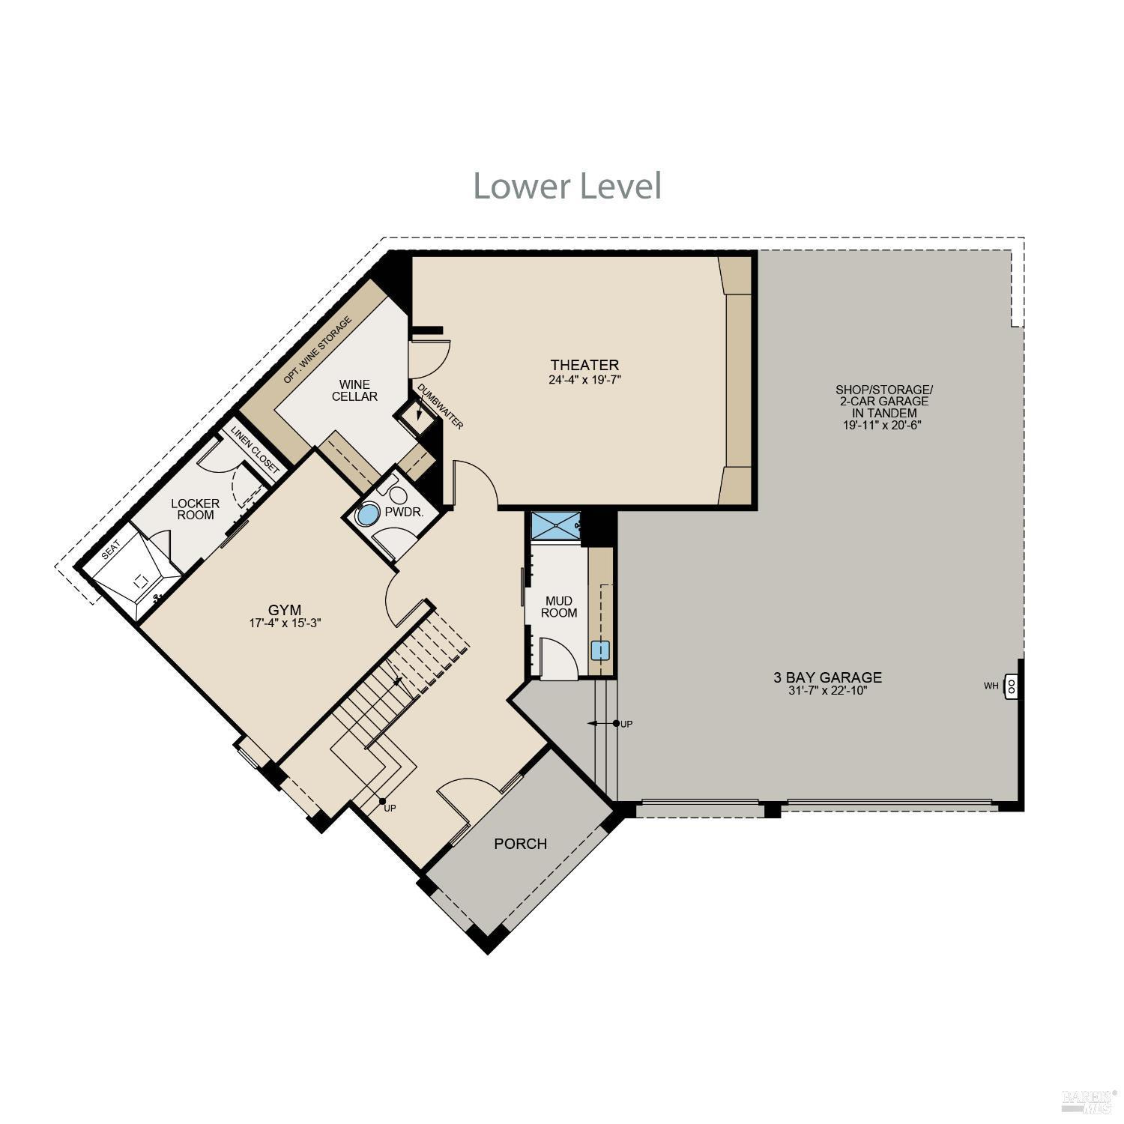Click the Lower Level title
click(567, 186)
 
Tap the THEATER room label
click(584, 365)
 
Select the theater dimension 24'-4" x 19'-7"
click(584, 380)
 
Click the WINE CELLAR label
click(354, 390)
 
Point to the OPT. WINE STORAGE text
click(317, 351)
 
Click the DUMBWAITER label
click(441, 407)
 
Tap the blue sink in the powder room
click(368, 516)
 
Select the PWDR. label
click(404, 513)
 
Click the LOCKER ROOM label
click(196, 509)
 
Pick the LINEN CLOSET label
click(254, 450)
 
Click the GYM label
click(285, 609)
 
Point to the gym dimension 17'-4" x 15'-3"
click(285, 623)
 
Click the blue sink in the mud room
click(600, 650)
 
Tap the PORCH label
click(520, 844)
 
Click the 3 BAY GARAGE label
click(827, 677)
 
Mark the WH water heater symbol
click(1009, 686)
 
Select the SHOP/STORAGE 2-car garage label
click(883, 407)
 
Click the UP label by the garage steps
click(627, 724)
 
